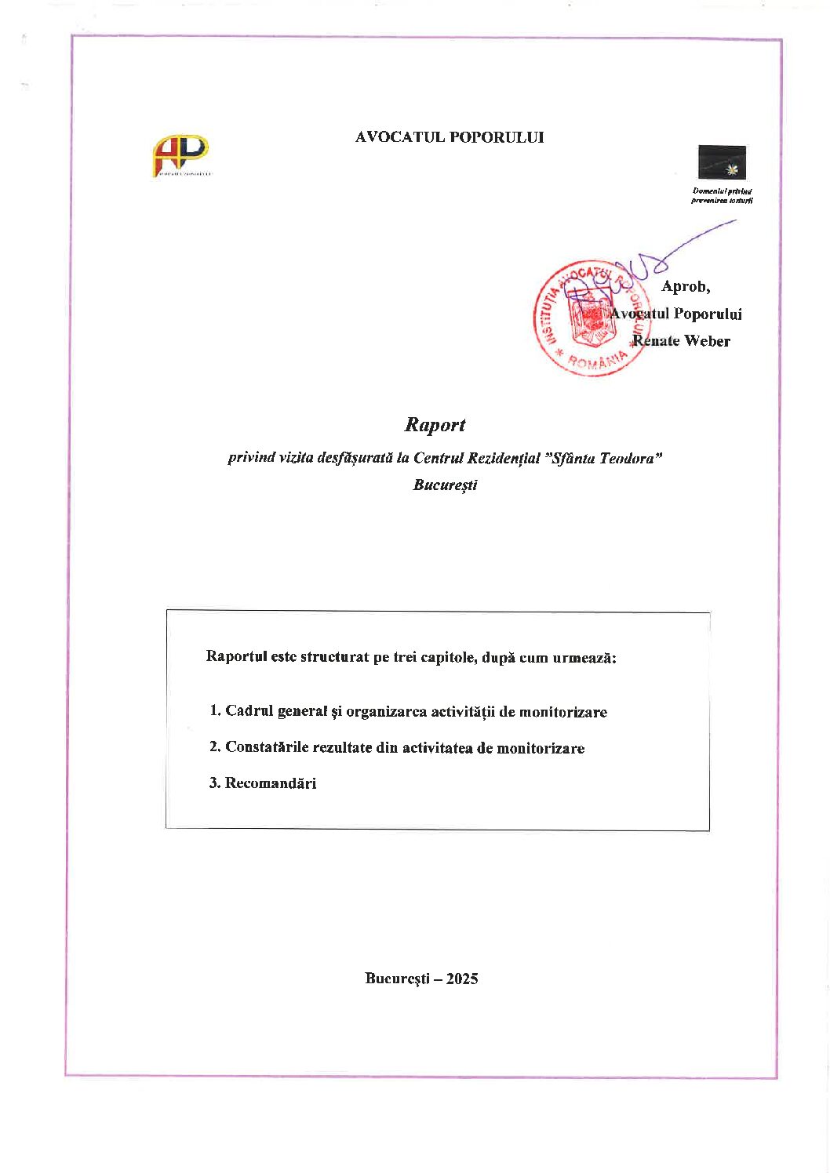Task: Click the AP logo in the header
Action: tap(180, 154)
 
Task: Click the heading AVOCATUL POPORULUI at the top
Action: tap(449, 137)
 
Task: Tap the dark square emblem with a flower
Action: tap(722, 162)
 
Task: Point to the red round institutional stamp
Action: tap(590, 318)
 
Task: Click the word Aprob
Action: tap(686, 287)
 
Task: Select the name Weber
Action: tap(707, 341)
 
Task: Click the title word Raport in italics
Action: tap(435, 425)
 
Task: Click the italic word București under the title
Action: tap(445, 485)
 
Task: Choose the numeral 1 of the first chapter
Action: tap(213, 710)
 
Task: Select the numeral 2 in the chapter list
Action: tap(213, 746)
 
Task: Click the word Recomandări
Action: tap(271, 783)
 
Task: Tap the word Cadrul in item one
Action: tap(249, 711)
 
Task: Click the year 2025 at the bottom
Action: tap(462, 979)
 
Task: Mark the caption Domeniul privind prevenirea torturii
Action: tap(722, 195)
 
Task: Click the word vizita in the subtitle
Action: tap(295, 458)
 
